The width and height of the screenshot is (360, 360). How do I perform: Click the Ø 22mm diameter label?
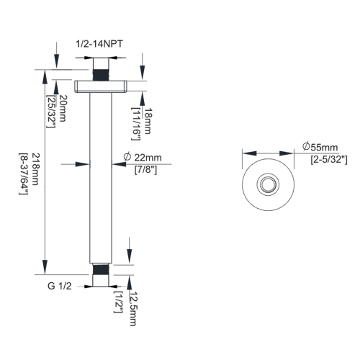(148, 158)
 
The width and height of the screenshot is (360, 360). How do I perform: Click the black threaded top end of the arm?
(102, 74)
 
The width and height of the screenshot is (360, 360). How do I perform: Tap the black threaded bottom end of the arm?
(102, 271)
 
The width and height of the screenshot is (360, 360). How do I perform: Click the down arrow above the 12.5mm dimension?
(130, 253)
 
